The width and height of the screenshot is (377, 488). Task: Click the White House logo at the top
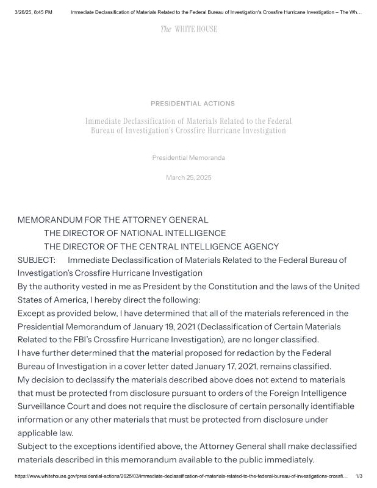(x=188, y=29)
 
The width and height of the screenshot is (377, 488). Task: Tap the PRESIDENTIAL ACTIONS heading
(x=193, y=104)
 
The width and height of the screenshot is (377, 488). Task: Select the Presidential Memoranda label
(x=188, y=158)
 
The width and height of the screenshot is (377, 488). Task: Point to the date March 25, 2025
(x=188, y=178)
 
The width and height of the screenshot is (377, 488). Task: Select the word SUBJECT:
(x=37, y=260)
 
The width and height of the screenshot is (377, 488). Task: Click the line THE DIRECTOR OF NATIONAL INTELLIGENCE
(x=135, y=233)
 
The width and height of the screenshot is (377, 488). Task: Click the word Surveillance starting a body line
(x=43, y=406)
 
